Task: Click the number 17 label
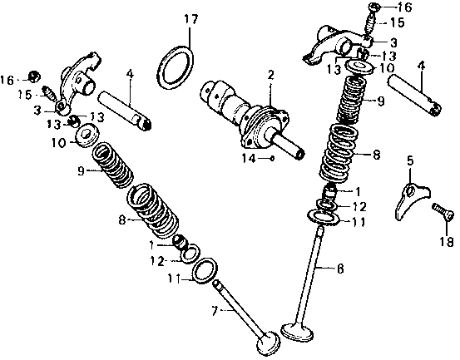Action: click(191, 19)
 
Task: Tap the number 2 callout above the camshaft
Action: click(270, 76)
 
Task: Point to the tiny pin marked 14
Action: click(272, 158)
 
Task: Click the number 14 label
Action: click(249, 158)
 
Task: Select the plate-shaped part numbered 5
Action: click(411, 201)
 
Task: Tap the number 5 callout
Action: click(410, 160)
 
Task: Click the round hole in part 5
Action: click(410, 191)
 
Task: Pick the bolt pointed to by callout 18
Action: click(443, 212)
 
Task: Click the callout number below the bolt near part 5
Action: click(446, 242)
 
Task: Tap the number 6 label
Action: click(340, 269)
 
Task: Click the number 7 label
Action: click(215, 311)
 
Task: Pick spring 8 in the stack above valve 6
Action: click(337, 153)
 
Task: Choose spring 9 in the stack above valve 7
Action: click(113, 165)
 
